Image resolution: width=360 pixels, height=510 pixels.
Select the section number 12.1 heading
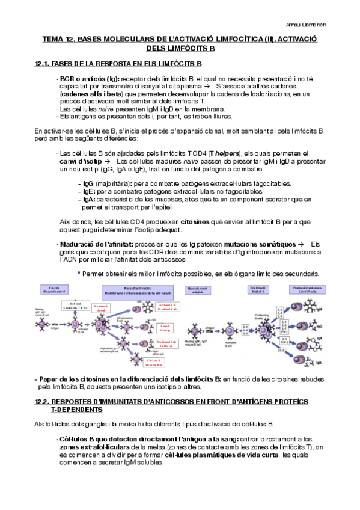tap(42, 63)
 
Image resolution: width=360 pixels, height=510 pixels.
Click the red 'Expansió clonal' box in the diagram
tap(100, 309)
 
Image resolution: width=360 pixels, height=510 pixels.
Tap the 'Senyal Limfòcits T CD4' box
tap(75, 306)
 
